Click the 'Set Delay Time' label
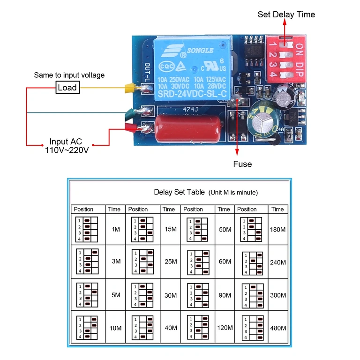286,15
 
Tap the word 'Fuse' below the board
242,164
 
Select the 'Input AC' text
66,142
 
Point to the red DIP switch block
285,57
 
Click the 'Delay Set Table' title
179,192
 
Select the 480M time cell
277,328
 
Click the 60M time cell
225,262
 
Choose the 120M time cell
225,328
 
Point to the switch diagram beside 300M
251,295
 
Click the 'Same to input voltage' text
69,75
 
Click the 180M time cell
277,230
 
